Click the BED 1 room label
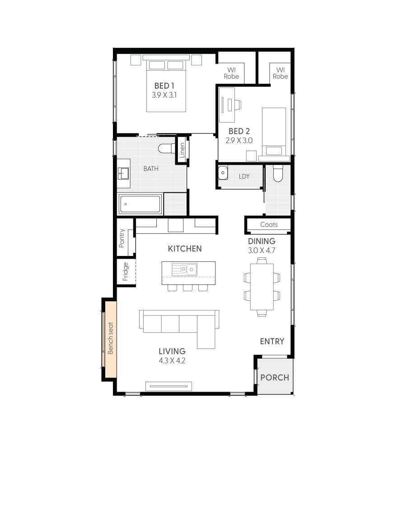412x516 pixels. (x=164, y=85)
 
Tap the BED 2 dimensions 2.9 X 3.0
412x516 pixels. (x=239, y=141)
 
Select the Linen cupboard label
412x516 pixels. (x=182, y=150)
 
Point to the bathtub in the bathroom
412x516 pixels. (x=140, y=204)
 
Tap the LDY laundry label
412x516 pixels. (x=244, y=176)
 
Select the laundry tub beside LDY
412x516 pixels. (x=222, y=173)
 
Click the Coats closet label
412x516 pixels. (x=269, y=225)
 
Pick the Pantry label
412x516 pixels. (x=122, y=238)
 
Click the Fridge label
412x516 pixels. (x=126, y=271)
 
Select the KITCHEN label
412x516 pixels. (x=185, y=249)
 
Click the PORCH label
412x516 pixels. (x=275, y=377)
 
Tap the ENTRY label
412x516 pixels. (x=272, y=341)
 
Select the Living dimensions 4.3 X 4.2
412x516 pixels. (x=172, y=361)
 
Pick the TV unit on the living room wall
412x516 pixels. (x=169, y=386)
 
